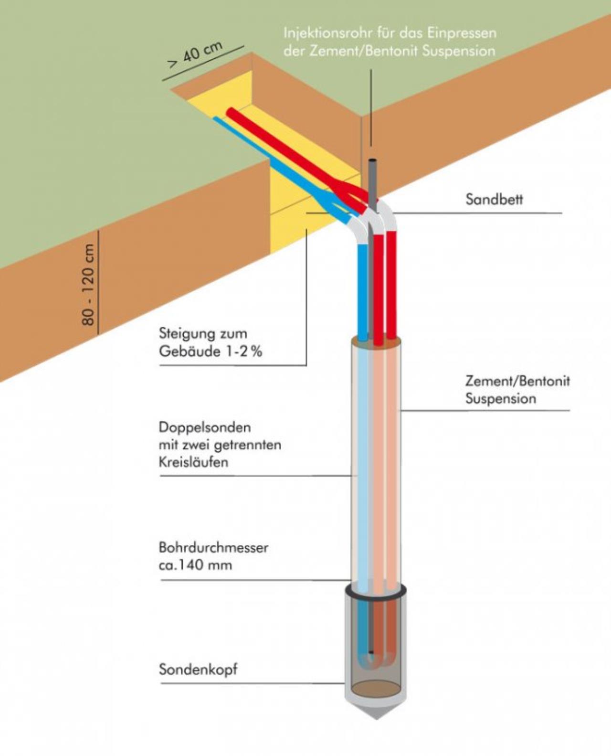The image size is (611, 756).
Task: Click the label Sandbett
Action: [494, 200]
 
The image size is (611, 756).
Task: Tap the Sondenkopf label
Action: [198, 670]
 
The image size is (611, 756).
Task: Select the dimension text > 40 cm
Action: [195, 55]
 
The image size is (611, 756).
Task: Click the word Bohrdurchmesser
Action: [213, 547]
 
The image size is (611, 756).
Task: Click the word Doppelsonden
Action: [205, 427]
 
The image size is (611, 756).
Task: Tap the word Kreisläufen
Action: [193, 462]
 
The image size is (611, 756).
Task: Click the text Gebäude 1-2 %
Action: [211, 352]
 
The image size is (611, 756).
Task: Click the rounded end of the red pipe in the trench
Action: [231, 112]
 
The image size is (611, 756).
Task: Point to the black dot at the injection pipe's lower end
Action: [371, 652]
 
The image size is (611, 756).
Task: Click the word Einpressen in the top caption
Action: [461, 34]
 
